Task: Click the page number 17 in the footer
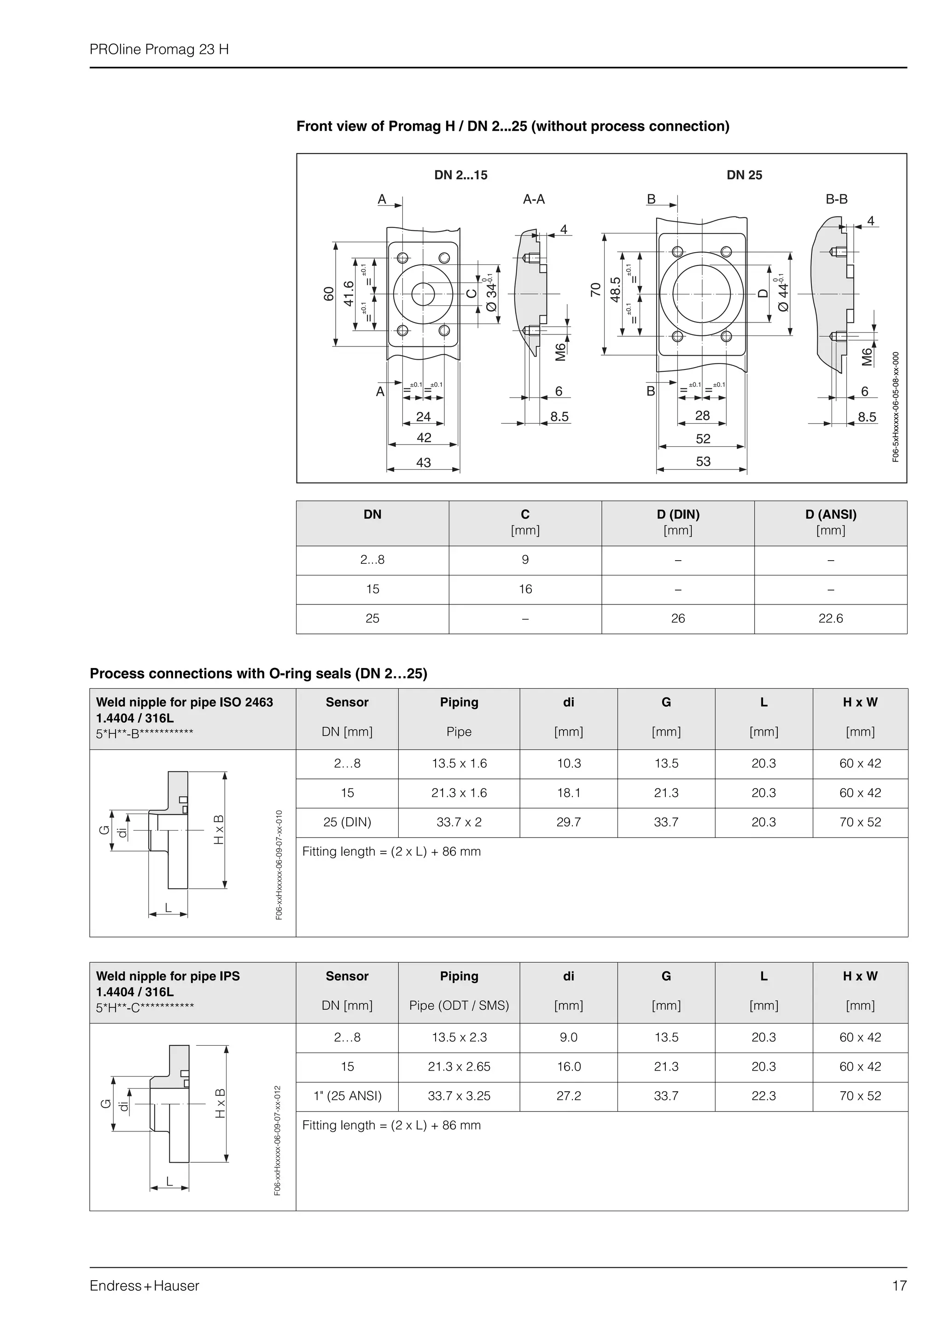click(899, 1286)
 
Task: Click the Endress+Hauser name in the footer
click(144, 1286)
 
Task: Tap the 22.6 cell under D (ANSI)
click(830, 619)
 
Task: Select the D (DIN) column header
click(678, 515)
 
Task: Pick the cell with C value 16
click(525, 589)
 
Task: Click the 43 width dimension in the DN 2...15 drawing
click(424, 463)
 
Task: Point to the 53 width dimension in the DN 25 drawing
click(703, 462)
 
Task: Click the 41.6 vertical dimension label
click(349, 293)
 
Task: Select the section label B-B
click(836, 199)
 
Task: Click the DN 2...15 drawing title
click(461, 175)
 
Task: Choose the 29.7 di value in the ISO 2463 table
click(568, 822)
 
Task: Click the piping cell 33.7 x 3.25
click(459, 1096)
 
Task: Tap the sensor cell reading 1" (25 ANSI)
click(348, 1096)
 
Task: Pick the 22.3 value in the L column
click(763, 1096)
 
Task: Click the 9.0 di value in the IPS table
click(568, 1037)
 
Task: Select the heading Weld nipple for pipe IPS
click(168, 976)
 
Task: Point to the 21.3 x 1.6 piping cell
click(459, 793)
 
